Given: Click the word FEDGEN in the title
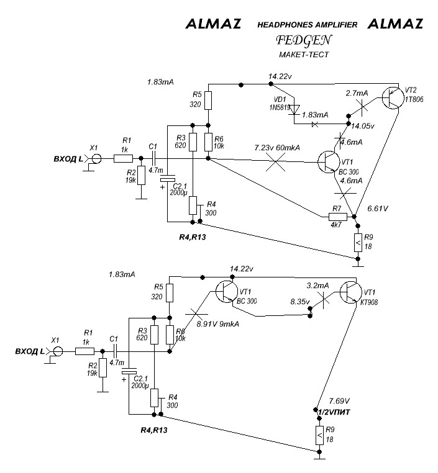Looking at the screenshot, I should pos(304,40).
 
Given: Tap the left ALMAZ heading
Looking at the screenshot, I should pos(213,24).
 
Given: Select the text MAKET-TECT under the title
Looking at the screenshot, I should pos(304,55).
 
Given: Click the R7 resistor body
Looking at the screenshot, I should pos(337,216).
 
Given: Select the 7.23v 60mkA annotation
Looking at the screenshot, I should pos(276,149).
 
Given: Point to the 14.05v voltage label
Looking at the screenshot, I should pos(363,125).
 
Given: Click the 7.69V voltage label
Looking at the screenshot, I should pos(339,401).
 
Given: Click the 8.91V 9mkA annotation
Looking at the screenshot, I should pos(218,323).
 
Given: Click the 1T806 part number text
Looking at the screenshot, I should pos(415,99).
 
